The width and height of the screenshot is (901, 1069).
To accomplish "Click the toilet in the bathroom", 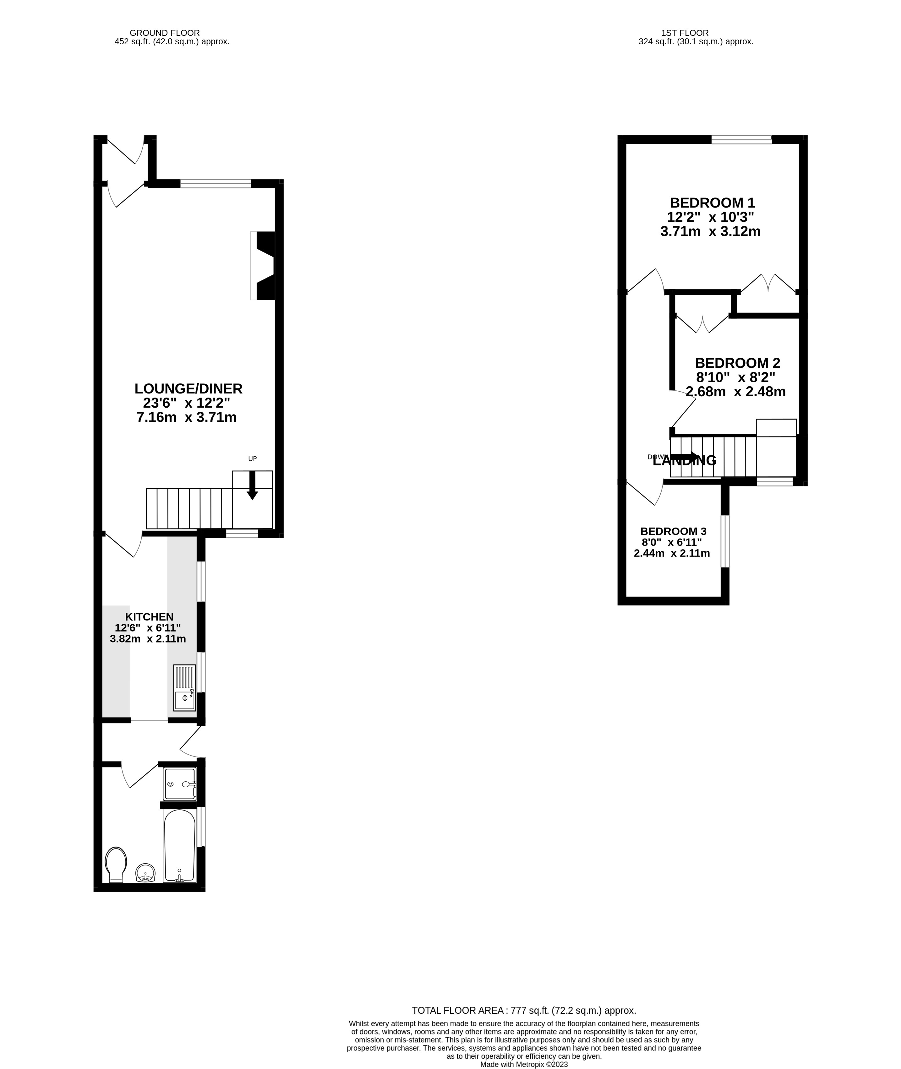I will [x=116, y=864].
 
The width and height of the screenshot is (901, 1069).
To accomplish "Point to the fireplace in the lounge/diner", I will [x=265, y=265].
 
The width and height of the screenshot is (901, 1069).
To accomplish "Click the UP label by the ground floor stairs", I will [x=252, y=459].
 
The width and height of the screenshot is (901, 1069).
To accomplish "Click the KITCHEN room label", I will [x=149, y=617].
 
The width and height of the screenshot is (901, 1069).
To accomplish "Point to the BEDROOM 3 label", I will [x=673, y=531].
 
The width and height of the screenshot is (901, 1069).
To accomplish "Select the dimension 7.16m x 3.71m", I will [x=186, y=418].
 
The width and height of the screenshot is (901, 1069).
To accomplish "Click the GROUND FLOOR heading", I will [x=165, y=33].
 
